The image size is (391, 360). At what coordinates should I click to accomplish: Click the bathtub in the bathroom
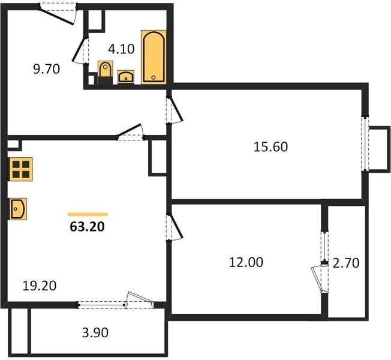click(154, 57)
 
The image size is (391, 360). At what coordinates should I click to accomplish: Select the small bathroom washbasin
click(126, 77)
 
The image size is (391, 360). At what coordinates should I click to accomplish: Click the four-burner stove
click(21, 169)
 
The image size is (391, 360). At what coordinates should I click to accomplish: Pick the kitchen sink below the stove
click(18, 209)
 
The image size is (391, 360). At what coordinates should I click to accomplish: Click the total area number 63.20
click(87, 227)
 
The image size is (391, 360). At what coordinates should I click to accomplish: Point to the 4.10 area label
click(121, 49)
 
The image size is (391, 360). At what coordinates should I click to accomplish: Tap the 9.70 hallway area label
click(46, 69)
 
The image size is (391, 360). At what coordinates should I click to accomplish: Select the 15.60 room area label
click(270, 146)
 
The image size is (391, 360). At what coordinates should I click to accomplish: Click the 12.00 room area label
click(246, 262)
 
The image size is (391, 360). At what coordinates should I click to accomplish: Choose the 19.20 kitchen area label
click(40, 286)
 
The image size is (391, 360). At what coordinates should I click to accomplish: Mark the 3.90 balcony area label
click(95, 332)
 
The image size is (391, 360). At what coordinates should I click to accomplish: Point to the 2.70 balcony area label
click(346, 263)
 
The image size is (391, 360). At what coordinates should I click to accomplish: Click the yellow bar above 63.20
click(88, 214)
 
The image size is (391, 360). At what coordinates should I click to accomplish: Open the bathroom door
click(80, 50)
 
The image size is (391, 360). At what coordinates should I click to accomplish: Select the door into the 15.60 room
click(175, 110)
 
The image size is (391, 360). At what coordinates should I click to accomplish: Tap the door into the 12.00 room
click(175, 227)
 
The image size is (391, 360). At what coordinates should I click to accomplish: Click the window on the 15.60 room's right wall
click(365, 143)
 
